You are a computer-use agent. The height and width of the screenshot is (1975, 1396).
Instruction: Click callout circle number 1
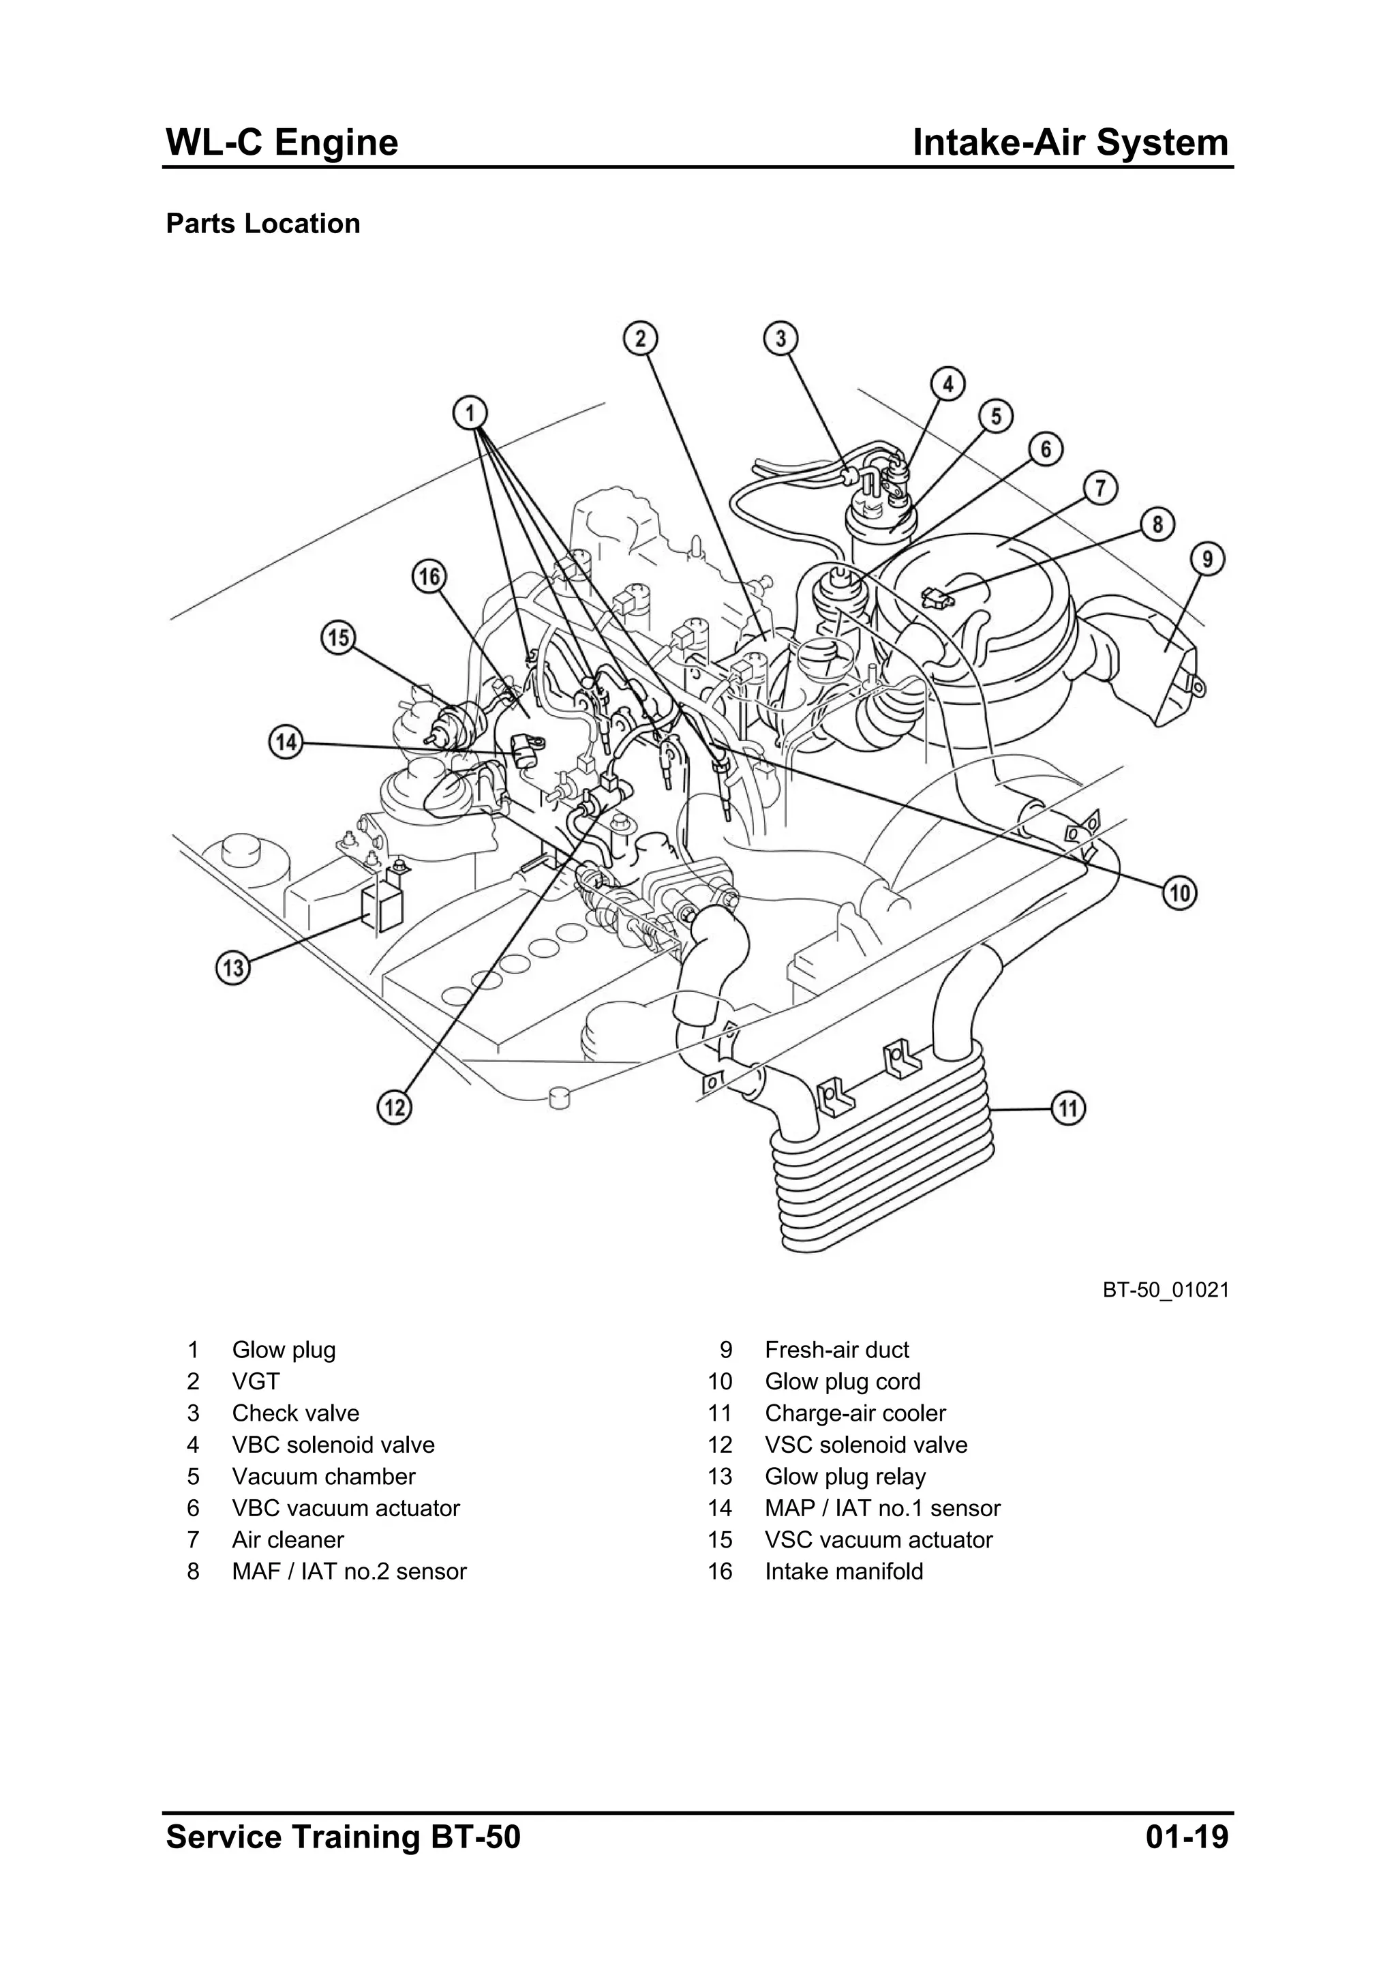pos(470,413)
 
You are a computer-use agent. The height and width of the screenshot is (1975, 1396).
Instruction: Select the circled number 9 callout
pos(1208,560)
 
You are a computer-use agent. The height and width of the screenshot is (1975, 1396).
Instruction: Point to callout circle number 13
pos(233,969)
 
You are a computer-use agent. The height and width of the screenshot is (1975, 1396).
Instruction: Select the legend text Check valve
pos(295,1413)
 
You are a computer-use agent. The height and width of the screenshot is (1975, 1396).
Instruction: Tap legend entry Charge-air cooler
pos(855,1413)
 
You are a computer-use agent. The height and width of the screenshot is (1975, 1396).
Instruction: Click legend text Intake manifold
pos(844,1571)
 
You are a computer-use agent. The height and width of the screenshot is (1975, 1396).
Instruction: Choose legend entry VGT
pos(256,1381)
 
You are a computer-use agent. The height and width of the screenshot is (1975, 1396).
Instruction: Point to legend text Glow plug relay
pos(845,1477)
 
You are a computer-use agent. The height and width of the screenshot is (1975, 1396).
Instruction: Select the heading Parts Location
pos(262,224)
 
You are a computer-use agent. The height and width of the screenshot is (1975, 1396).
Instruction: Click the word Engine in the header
pos(336,142)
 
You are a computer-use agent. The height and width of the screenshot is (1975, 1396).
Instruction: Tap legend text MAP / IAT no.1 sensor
pos(883,1508)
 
